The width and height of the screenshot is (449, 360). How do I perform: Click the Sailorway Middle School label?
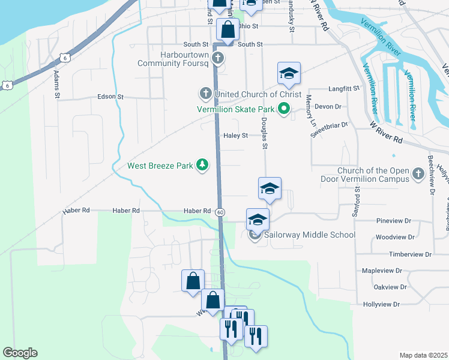coord(310,235)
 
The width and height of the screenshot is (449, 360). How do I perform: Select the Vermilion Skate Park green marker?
coord(285,109)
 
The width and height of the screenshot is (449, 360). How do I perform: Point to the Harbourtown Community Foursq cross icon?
coord(218,58)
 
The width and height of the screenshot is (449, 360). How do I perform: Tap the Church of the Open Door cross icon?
coord(418,175)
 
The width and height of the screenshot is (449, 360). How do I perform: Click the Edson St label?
coord(110,97)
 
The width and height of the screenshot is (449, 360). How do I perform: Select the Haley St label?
coord(236,136)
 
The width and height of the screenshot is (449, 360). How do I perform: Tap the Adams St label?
coord(58,84)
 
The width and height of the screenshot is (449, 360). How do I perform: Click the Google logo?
coord(20,353)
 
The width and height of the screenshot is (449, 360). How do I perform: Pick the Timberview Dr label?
coord(410,254)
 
